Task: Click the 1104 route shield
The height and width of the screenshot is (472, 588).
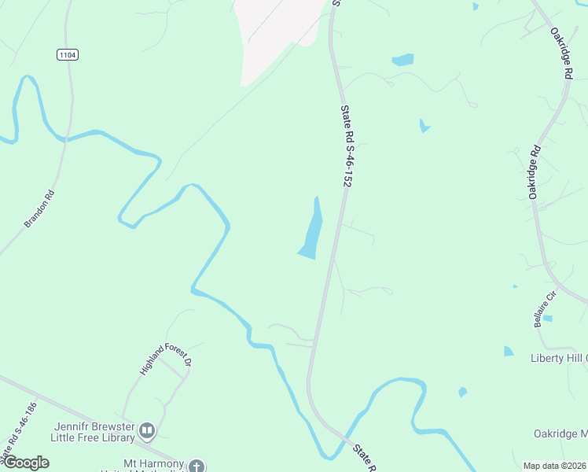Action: [68, 54]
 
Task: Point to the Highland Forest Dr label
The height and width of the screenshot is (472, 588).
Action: [166, 358]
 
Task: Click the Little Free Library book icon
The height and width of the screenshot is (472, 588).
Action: [147, 430]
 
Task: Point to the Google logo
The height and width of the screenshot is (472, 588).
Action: [25, 463]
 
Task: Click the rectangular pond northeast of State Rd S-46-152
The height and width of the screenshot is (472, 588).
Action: [402, 60]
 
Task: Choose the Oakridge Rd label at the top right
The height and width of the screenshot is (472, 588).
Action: [561, 53]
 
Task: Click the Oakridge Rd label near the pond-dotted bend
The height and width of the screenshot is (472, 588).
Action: [535, 171]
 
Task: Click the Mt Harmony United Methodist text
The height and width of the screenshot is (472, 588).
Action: [145, 466]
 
